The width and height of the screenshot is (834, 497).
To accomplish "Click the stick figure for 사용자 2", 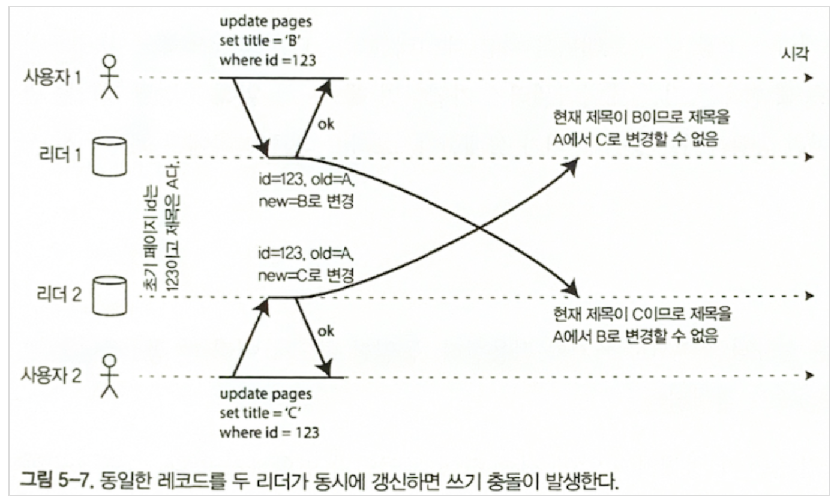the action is click(110, 375).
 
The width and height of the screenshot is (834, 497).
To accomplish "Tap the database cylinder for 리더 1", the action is click(110, 156).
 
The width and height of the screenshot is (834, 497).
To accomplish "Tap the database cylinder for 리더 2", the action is click(110, 295).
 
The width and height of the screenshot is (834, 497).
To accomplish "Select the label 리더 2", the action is click(59, 295).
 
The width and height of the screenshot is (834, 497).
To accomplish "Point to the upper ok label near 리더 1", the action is click(326, 125).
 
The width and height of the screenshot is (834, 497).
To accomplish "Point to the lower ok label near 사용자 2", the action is click(326, 331).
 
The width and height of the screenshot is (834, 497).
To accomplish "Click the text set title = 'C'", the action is click(261, 414).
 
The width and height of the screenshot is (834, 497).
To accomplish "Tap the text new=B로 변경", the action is click(305, 202).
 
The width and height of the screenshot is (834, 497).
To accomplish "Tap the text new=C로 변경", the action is click(305, 277).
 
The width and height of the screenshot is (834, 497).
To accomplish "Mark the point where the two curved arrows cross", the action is click(478, 227).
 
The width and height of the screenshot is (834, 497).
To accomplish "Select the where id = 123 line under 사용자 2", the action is click(269, 432).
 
